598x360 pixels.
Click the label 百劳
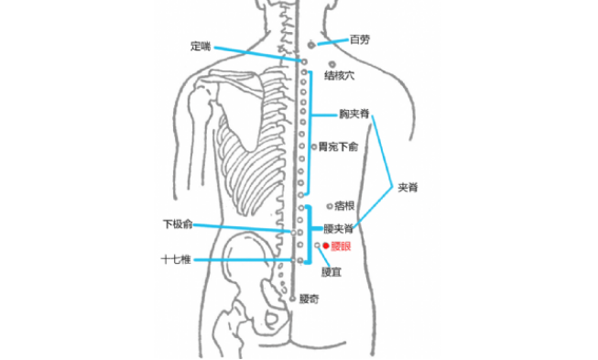pyautogui.click(x=360, y=40)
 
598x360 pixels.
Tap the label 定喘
pyautogui.click(x=201, y=45)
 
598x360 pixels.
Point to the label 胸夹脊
pyautogui.click(x=353, y=115)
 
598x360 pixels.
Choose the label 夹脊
pyautogui.click(x=408, y=187)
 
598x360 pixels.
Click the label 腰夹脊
pyautogui.click(x=340, y=229)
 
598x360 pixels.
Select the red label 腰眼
pyautogui.click(x=342, y=246)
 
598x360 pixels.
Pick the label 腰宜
pyautogui.click(x=332, y=272)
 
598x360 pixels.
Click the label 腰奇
pyautogui.click(x=310, y=299)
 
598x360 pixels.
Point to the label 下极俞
pyautogui.click(x=178, y=224)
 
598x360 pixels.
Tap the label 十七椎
pyautogui.click(x=175, y=260)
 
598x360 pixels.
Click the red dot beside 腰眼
pyautogui.click(x=325, y=245)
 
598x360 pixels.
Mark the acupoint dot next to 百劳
pyautogui.click(x=311, y=45)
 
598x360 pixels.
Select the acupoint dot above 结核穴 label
pyautogui.click(x=331, y=64)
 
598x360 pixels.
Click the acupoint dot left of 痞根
pyautogui.click(x=329, y=206)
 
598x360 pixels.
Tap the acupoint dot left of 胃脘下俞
pyautogui.click(x=313, y=147)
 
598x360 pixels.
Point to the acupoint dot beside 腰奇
pyautogui.click(x=292, y=299)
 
